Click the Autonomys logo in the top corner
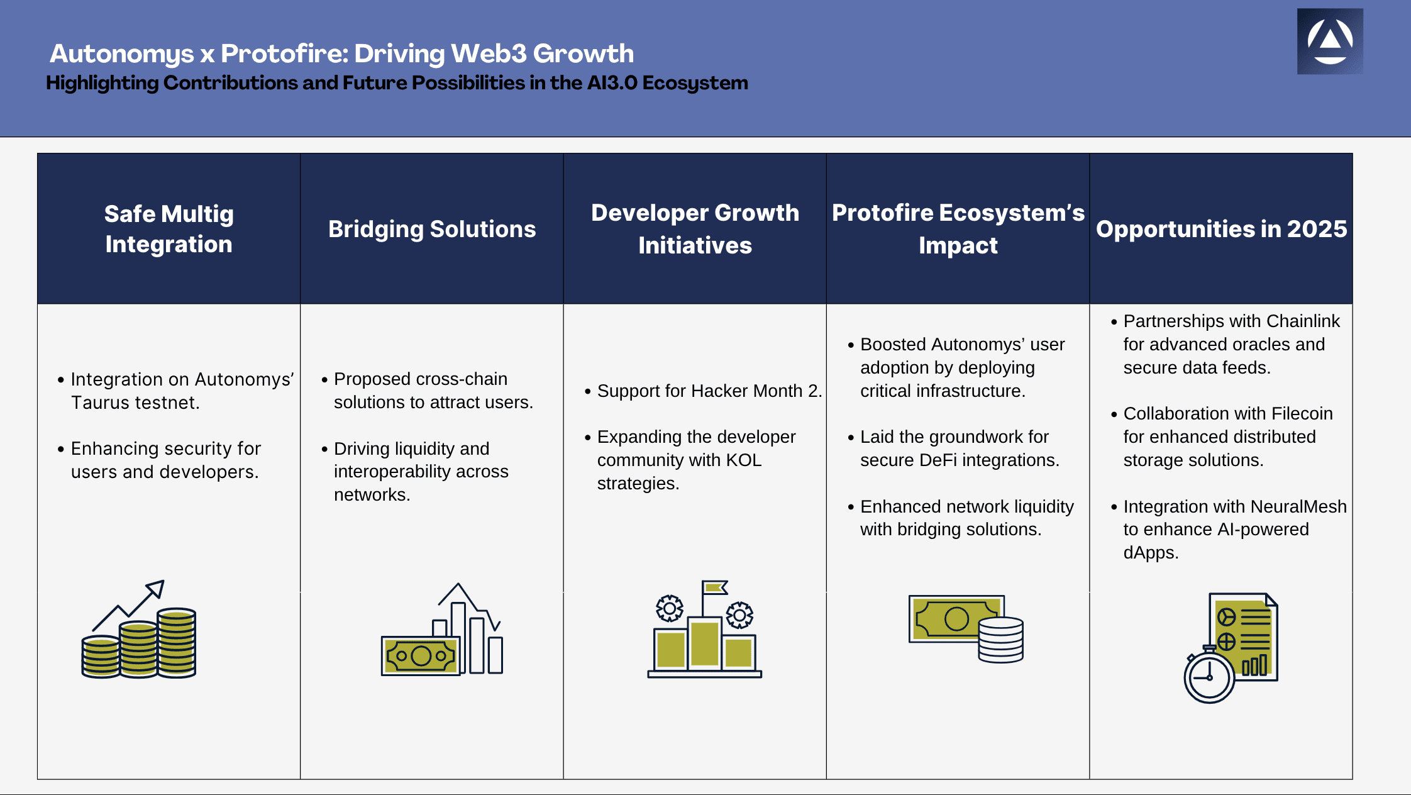click(x=1330, y=42)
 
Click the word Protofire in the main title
click(x=282, y=53)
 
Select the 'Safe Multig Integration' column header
click(x=169, y=229)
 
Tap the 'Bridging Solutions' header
click(x=432, y=229)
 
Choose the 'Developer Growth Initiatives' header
click(x=695, y=229)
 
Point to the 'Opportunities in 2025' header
click(x=1221, y=229)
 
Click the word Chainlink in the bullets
click(x=1303, y=321)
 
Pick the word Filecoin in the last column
click(x=1302, y=414)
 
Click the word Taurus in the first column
click(x=98, y=403)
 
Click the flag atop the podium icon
click(x=715, y=587)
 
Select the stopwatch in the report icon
click(x=1209, y=674)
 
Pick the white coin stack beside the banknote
click(x=1000, y=639)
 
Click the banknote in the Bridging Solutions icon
click(x=421, y=656)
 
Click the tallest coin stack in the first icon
click(x=177, y=642)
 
